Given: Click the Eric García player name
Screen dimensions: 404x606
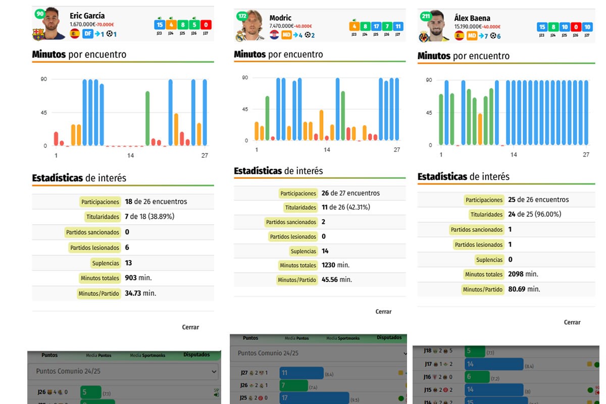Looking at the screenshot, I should click(87, 16).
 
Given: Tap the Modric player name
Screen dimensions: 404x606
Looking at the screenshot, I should click(280, 18).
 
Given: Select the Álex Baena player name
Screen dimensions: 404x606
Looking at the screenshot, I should click(472, 18).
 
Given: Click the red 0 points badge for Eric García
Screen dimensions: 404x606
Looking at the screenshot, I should click(206, 25).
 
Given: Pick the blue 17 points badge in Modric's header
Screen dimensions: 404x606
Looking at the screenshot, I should click(376, 26).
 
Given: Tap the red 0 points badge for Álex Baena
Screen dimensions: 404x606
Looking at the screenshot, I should click(576, 27).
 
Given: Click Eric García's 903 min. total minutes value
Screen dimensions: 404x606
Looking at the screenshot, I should click(138, 278).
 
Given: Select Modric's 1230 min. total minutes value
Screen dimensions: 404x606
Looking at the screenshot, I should click(335, 265).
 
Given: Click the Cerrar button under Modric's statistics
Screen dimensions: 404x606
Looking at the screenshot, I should click(383, 312).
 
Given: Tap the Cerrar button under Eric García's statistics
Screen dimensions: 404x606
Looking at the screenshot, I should click(190, 327).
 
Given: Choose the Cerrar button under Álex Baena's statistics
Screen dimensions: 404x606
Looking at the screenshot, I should click(572, 322).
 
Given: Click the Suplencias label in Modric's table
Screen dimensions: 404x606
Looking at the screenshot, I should click(303, 251).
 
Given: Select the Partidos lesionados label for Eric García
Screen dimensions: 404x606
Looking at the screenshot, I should click(94, 247).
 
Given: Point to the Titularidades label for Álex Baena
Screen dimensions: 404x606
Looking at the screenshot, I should click(487, 215).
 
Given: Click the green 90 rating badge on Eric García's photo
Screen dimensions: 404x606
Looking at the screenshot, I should click(39, 14).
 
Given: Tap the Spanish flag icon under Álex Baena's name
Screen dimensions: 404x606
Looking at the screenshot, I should click(459, 35).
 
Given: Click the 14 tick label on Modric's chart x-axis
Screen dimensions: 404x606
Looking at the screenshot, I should click(327, 149).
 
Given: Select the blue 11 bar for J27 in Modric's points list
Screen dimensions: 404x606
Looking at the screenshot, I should click(301, 373).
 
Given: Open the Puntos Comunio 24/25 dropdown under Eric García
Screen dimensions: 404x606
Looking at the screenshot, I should click(124, 371).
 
